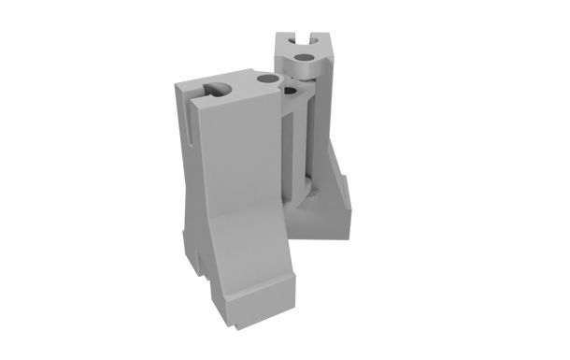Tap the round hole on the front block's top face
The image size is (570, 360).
[268, 81]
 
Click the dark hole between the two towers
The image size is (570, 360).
[289, 91]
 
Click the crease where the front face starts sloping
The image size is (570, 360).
[238, 212]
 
